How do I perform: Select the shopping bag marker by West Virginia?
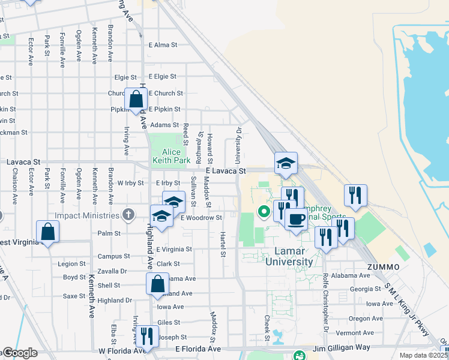tap(47, 232)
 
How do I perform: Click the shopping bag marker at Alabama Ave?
tap(157, 284)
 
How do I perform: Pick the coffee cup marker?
tap(295, 219)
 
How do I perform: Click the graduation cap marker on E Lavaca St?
tap(286, 163)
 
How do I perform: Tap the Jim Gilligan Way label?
tap(341, 349)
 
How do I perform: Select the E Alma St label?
tap(163, 44)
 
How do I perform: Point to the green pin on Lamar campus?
tap(263, 211)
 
